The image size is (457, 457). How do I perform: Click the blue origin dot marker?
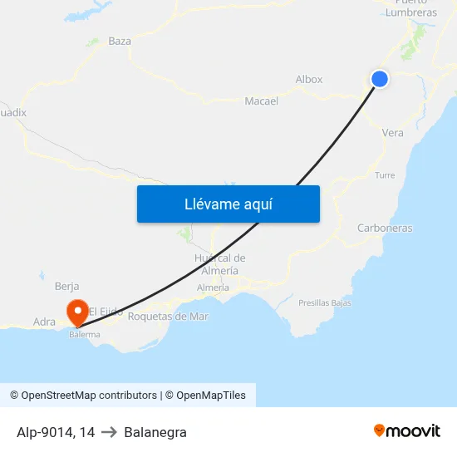380,79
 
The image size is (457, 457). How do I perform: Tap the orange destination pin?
78,312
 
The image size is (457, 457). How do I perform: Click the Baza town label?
120,41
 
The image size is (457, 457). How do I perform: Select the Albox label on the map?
309,80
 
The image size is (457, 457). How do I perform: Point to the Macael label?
261,101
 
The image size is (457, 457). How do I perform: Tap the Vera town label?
392,133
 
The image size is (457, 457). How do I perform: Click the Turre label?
385,175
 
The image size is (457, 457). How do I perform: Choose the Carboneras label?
385,228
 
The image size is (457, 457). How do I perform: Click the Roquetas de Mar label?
168,316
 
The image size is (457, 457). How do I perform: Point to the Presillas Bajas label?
324,303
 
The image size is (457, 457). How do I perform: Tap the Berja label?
66,287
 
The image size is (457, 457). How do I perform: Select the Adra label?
44,322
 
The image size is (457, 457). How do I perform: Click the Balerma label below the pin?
85,335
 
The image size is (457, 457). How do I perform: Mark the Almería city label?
213,287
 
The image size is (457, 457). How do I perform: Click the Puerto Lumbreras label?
410,7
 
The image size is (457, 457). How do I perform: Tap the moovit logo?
406,431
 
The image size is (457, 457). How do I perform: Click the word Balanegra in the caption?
155,432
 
